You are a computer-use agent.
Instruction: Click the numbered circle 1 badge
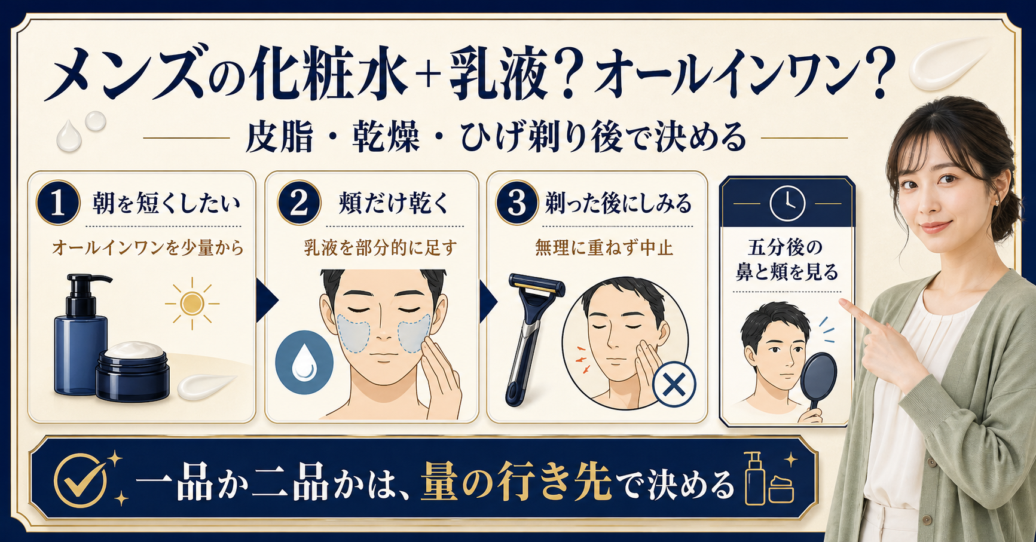(58, 203)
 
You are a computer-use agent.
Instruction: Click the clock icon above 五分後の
(787, 204)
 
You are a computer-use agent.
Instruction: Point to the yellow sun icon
(192, 304)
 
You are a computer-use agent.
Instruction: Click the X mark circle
(674, 384)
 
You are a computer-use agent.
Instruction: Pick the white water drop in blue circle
(304, 362)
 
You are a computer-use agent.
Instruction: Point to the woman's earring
(997, 202)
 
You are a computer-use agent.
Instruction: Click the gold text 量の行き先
(517, 482)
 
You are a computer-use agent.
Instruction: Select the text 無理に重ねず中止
(604, 247)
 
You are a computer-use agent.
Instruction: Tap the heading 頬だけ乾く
(394, 203)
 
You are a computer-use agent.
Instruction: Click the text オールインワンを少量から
(148, 247)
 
